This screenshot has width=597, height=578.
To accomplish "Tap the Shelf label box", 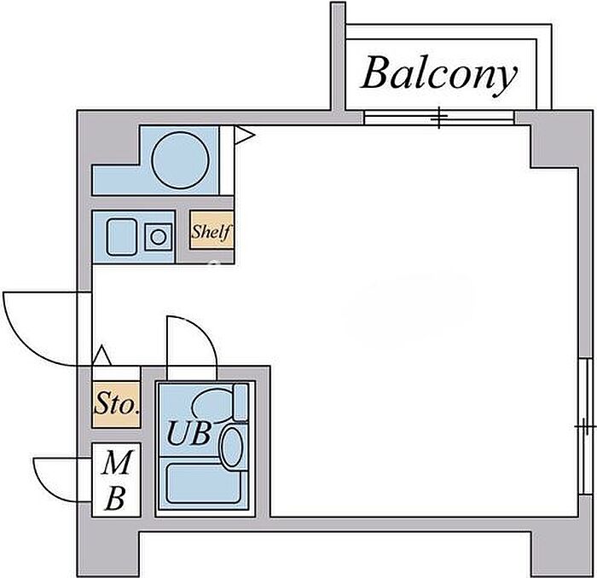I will click(211, 231).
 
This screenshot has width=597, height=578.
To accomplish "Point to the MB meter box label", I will click(117, 481).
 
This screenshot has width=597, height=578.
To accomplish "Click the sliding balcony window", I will click(440, 118).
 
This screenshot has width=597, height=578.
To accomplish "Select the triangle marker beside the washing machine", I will click(242, 134).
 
